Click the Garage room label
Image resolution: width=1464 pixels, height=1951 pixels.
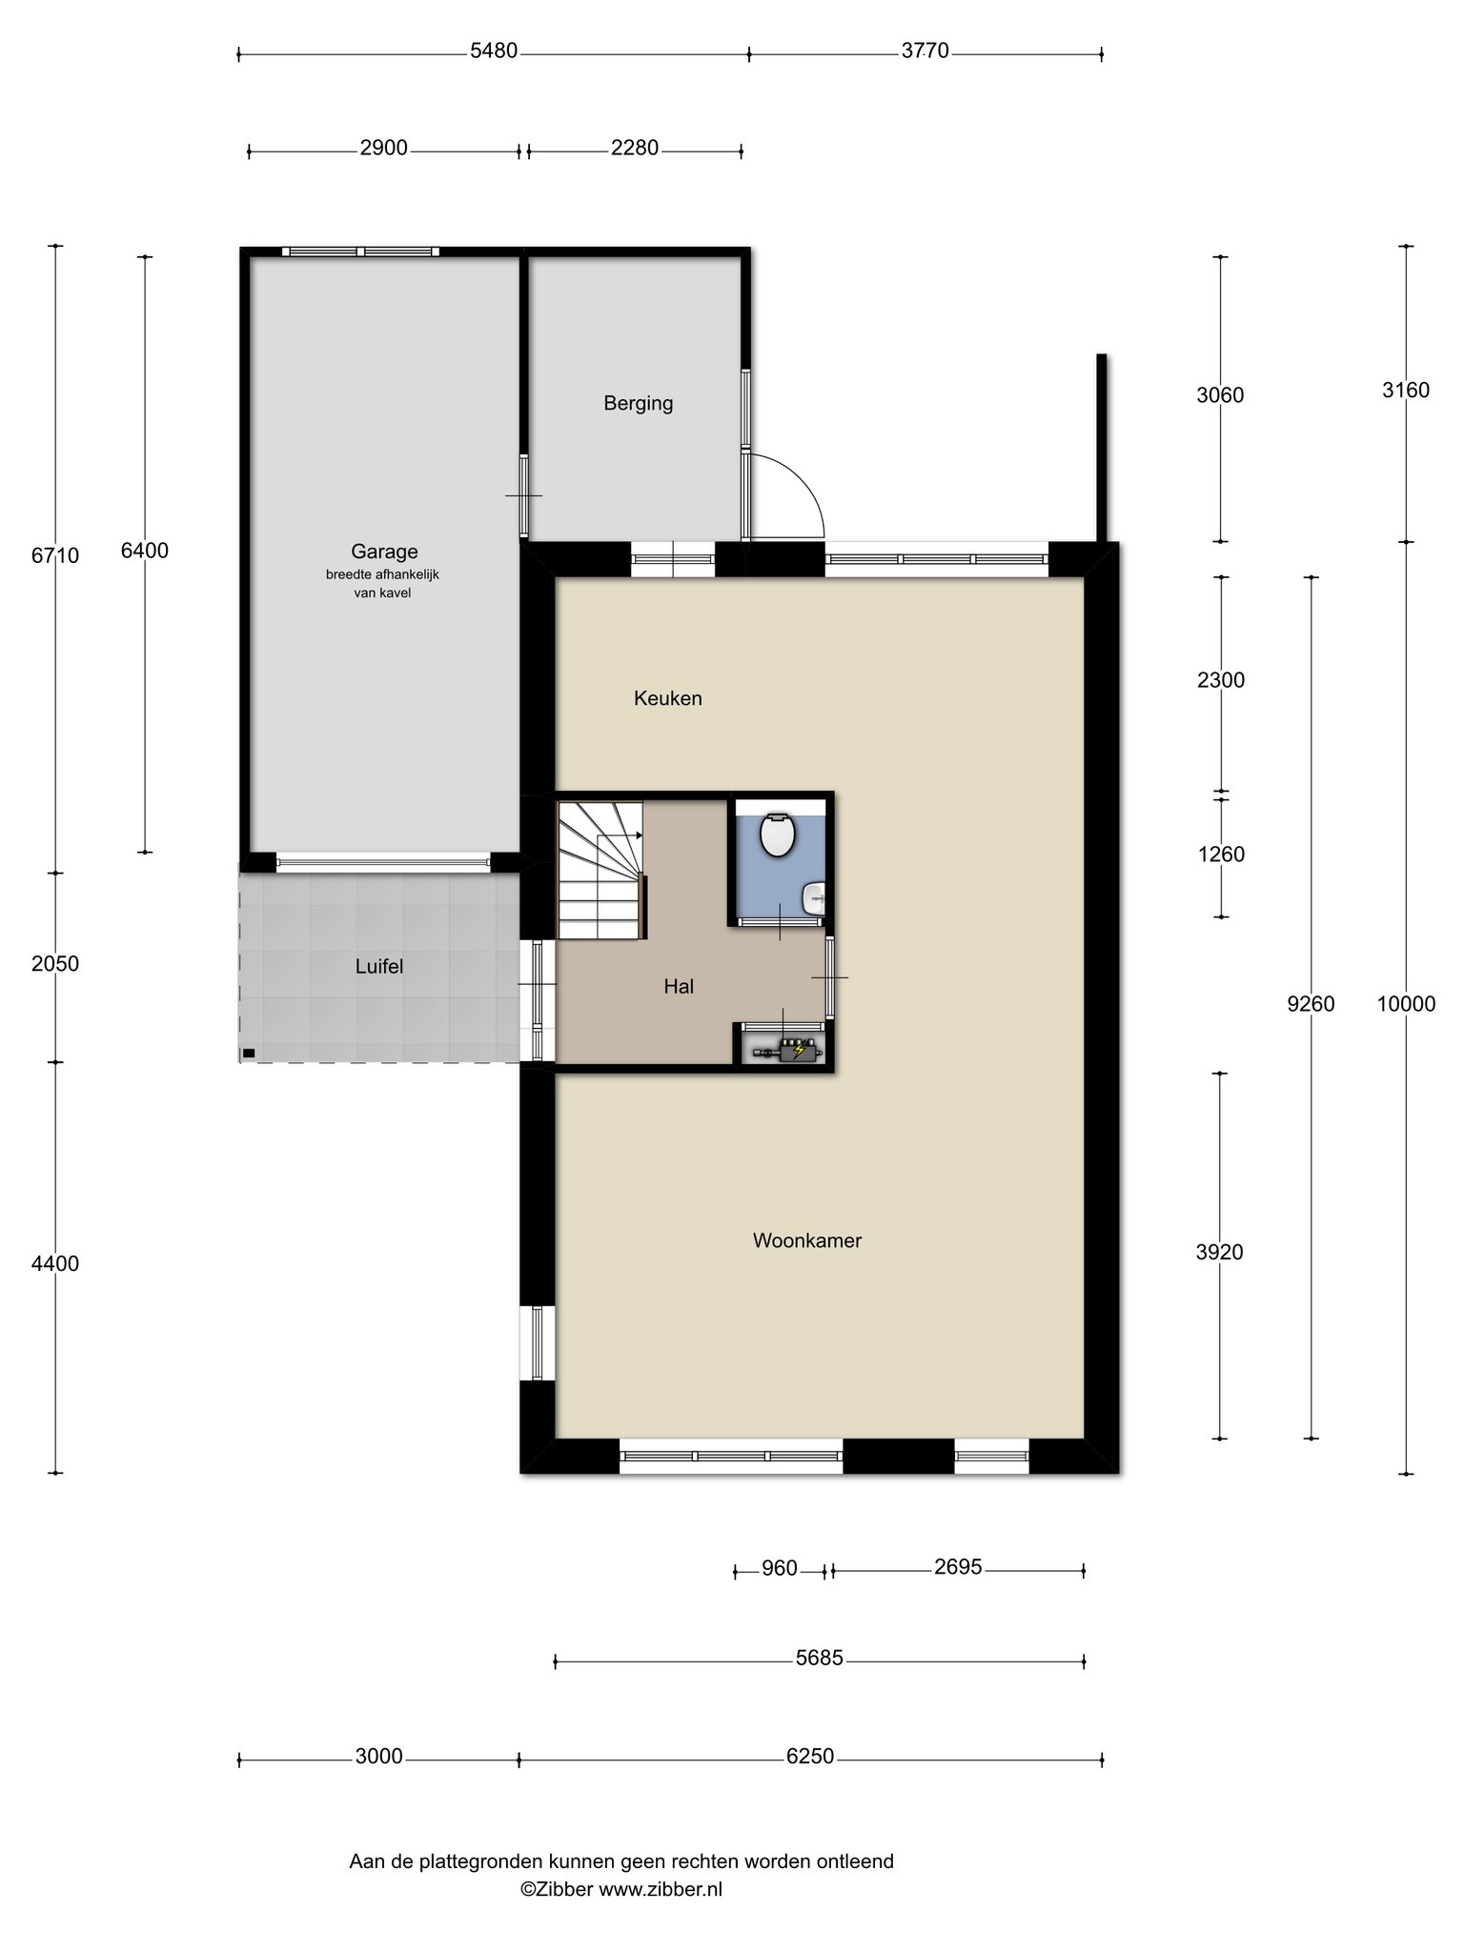(384, 552)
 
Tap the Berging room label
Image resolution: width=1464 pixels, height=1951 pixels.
(638, 404)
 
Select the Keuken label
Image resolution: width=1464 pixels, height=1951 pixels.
(667, 698)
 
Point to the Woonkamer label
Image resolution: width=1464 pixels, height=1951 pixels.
(806, 1240)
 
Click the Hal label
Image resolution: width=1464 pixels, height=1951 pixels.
(679, 987)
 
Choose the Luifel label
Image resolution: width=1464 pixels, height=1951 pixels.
(379, 967)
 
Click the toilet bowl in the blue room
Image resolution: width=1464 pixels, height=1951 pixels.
(778, 835)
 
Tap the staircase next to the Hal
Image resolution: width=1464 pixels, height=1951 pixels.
(601, 870)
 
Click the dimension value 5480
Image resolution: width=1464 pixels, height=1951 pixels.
(494, 51)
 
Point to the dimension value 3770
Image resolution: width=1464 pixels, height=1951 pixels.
(925, 51)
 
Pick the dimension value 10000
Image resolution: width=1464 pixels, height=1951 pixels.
(1406, 1003)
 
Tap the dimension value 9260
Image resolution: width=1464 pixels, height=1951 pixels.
(1311, 1003)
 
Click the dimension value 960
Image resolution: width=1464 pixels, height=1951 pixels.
(780, 1568)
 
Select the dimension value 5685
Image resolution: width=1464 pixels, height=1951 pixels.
(820, 1659)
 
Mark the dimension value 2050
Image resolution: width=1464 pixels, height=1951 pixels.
(55, 964)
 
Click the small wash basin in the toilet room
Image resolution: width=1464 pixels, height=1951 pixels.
(816, 896)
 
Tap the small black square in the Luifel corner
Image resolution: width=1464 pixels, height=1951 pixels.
(249, 1053)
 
